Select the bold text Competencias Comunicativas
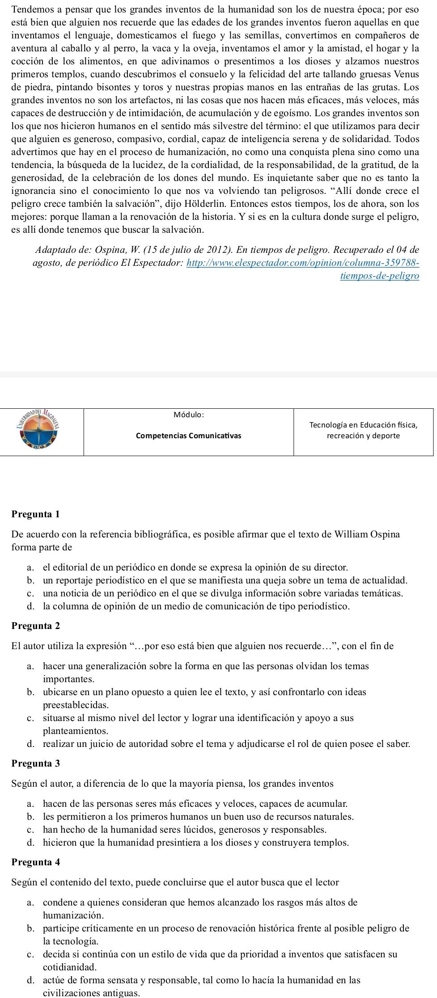click(x=188, y=436)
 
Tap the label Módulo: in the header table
click(x=189, y=415)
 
